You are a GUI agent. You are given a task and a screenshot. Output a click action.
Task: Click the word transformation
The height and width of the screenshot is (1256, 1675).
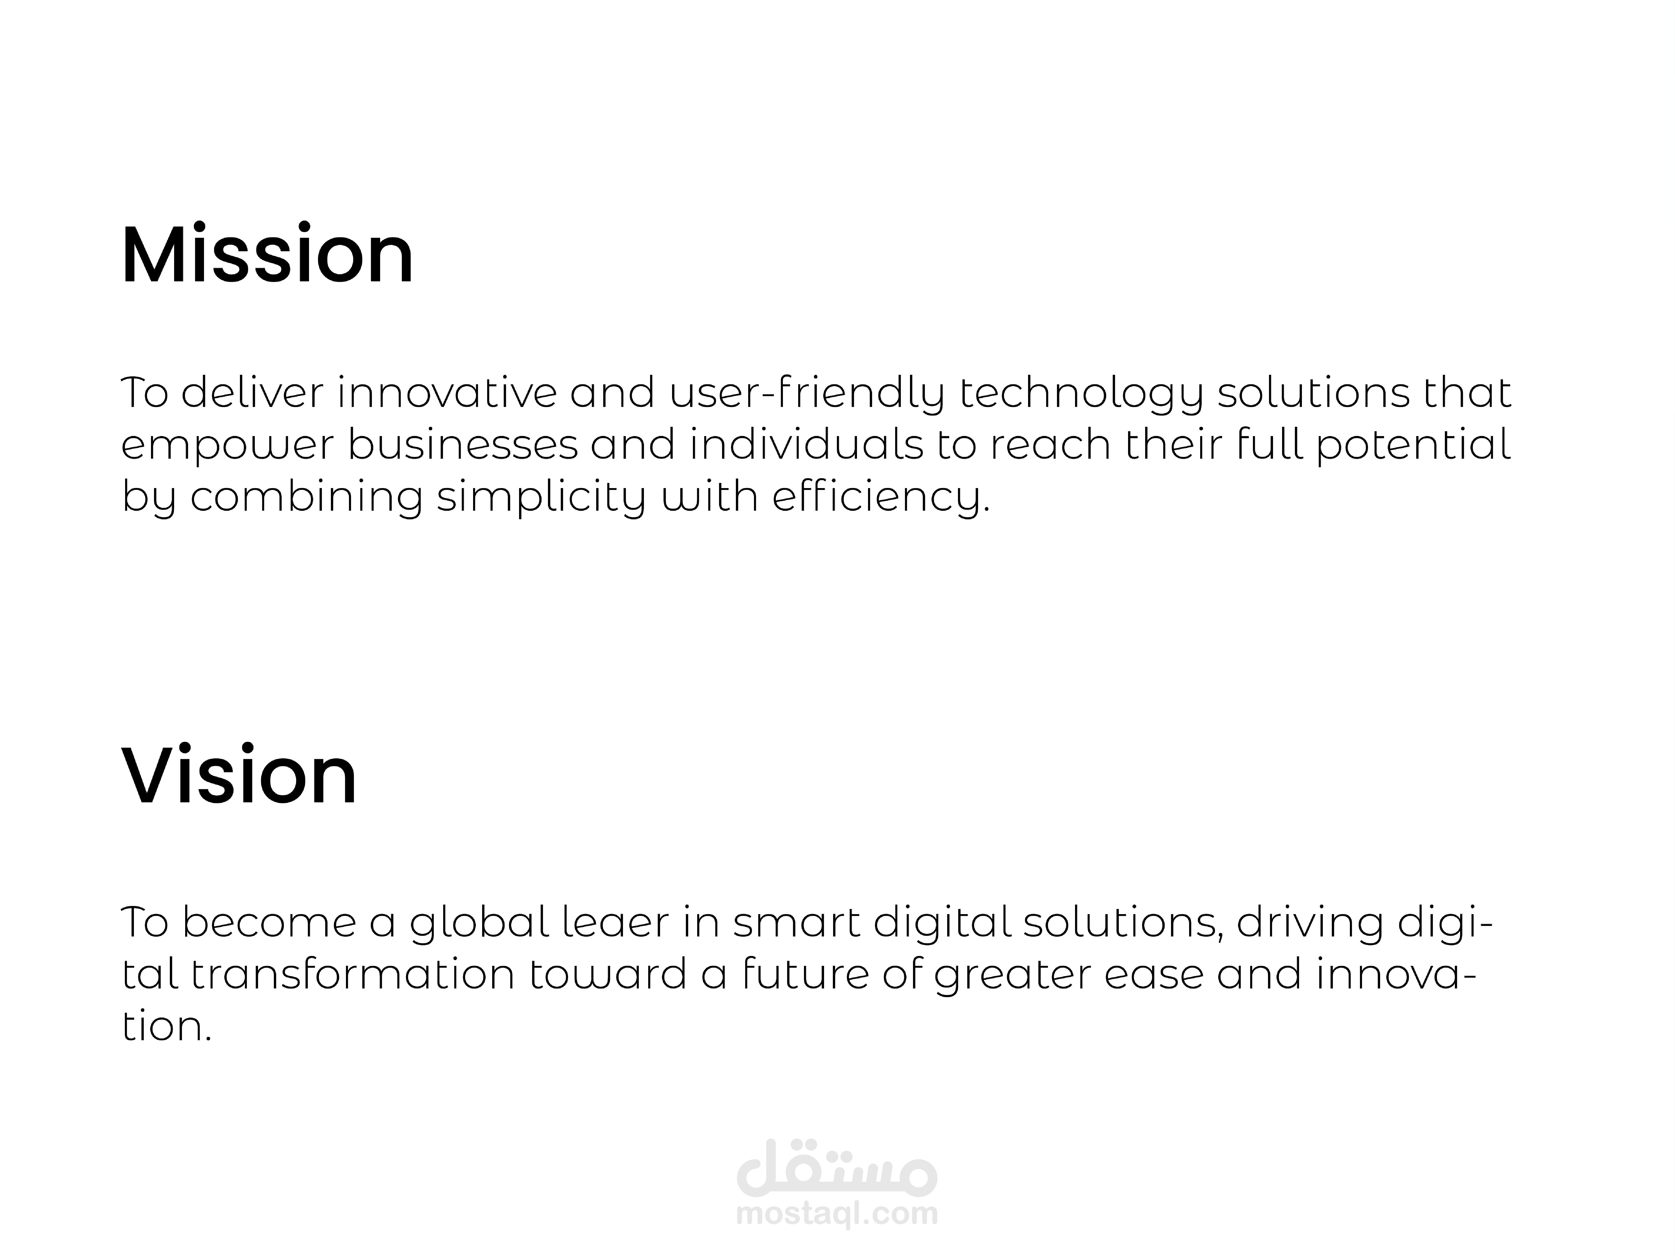[353, 974]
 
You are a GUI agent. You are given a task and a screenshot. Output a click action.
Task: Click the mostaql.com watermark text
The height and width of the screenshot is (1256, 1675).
[837, 1213]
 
